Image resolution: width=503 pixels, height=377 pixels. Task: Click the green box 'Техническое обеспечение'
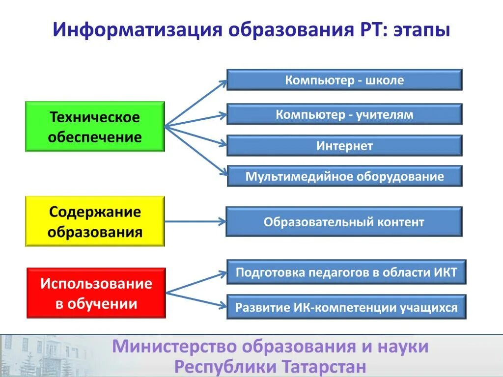(95, 127)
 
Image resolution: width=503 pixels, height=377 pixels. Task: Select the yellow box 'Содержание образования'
(95, 221)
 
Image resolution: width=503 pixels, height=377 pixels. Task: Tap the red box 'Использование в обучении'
(96, 293)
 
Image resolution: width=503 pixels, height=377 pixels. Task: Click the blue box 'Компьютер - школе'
(344, 80)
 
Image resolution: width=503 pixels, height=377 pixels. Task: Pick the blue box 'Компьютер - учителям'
(344, 114)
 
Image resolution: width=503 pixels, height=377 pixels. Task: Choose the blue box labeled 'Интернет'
(344, 146)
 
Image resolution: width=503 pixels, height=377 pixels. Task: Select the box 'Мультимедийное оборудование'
(344, 176)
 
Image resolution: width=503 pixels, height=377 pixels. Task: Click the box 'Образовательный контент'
(344, 222)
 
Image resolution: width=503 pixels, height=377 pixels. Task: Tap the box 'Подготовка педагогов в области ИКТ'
(346, 272)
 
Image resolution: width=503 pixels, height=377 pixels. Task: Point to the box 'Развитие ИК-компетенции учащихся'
(346, 307)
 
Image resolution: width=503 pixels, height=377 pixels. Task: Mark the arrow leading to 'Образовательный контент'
(195, 221)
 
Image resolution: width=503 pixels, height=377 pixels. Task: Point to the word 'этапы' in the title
(421, 30)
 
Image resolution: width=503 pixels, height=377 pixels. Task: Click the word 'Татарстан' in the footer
(324, 366)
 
